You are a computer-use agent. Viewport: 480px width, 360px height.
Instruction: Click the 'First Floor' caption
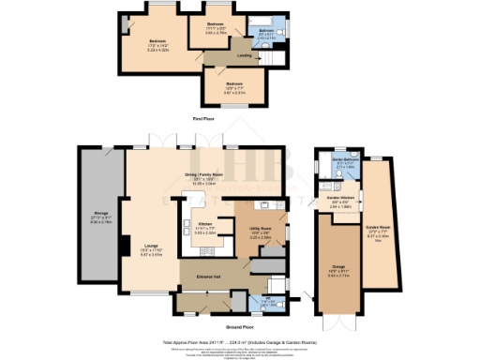coord(205,119)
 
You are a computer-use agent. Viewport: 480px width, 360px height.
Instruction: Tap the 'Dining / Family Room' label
coord(208,175)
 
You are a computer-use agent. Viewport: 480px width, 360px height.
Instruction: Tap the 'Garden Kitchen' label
coord(339,199)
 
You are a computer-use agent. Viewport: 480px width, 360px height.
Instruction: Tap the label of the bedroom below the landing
coord(234,85)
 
